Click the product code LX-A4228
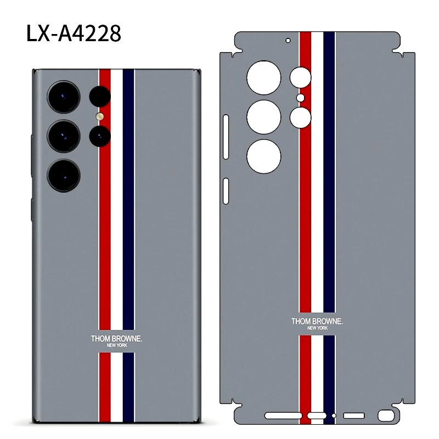point(74,33)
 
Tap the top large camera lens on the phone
point(64,97)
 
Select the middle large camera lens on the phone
point(64,136)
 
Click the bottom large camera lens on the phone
point(64,176)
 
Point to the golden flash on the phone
point(100,116)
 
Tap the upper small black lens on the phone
point(100,97)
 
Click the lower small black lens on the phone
point(100,136)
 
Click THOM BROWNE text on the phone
point(116,339)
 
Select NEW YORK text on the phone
point(117,345)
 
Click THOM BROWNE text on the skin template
point(317,322)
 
